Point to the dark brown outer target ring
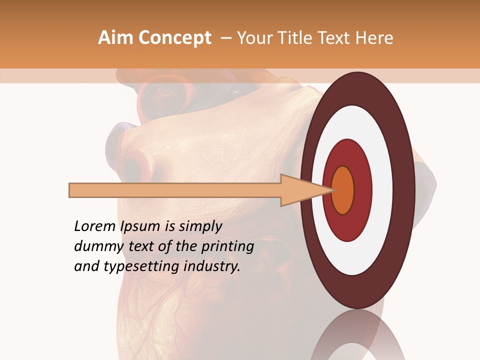coord(357,90)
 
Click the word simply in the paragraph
coord(200,226)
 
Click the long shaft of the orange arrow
coord(175,190)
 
